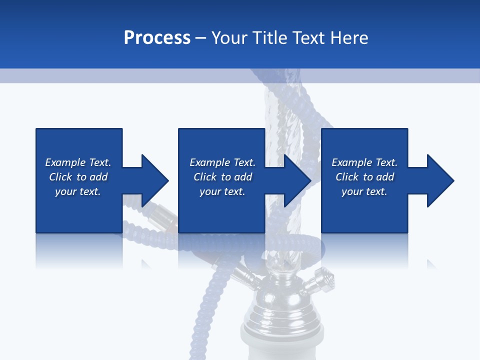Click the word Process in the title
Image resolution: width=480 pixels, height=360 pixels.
[157, 38]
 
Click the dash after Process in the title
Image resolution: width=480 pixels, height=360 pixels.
[201, 38]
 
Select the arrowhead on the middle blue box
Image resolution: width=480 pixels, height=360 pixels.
[297, 180]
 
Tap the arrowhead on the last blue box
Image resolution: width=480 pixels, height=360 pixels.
[440, 180]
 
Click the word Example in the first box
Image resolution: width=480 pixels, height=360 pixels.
[65, 162]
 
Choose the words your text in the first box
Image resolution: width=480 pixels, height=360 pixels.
[78, 191]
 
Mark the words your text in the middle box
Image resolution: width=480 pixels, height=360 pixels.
[222, 191]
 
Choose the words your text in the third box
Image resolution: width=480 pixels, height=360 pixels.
[364, 191]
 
